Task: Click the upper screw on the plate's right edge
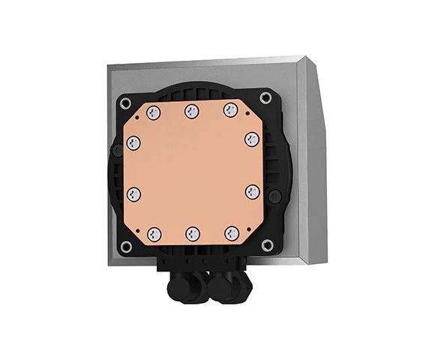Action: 253,139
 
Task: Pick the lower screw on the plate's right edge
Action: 253,191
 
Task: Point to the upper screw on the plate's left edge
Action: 135,142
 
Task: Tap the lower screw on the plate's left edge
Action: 135,194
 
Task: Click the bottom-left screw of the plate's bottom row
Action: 155,232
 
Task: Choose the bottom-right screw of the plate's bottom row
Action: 232,232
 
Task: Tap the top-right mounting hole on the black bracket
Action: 265,97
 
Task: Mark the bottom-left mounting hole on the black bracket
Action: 126,246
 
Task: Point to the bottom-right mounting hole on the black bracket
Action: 265,244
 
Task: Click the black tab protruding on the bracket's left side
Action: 115,150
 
